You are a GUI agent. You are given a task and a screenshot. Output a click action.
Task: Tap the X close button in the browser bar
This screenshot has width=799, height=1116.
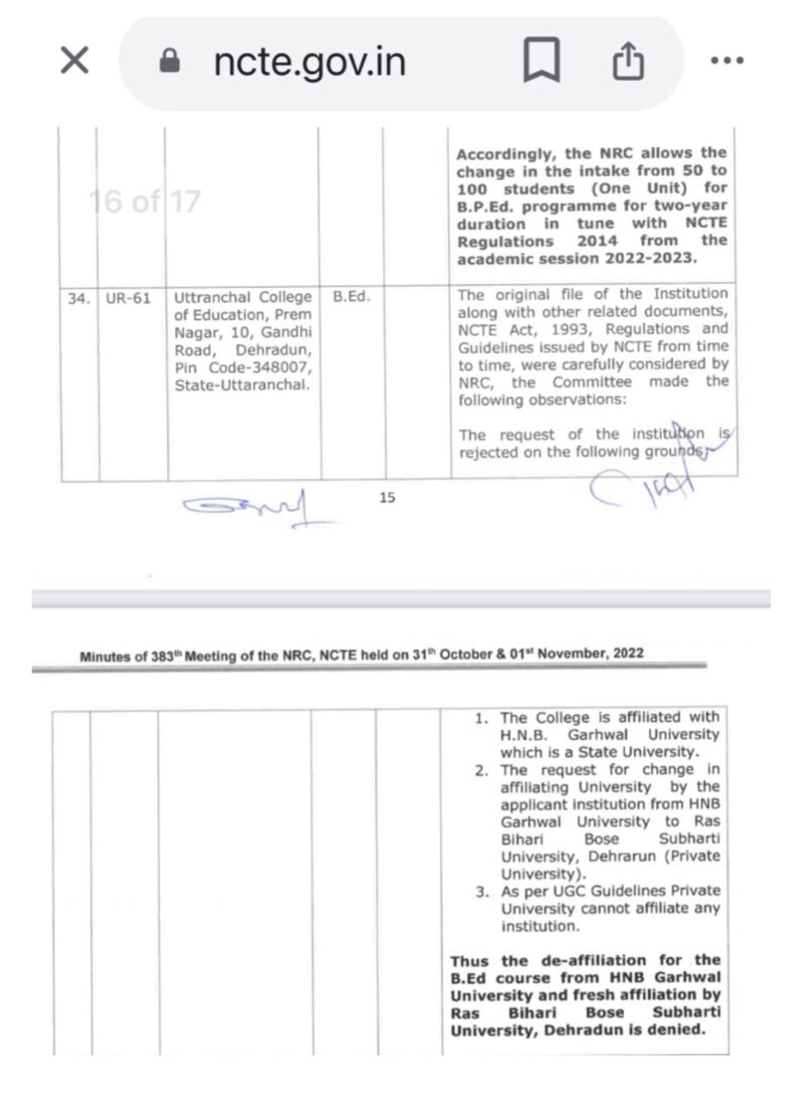(74, 61)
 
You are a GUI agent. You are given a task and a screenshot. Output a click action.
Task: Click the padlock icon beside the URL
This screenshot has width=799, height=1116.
(170, 61)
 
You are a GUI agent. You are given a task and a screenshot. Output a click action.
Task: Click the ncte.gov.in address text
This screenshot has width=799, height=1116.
(309, 62)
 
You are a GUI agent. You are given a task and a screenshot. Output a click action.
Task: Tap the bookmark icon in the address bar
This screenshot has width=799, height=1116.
(541, 62)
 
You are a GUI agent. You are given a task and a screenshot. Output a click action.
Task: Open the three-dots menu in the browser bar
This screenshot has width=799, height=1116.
(727, 61)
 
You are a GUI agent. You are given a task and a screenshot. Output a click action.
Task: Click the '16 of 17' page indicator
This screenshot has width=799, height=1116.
(145, 202)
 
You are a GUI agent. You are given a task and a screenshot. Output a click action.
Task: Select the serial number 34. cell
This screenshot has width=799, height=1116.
(78, 298)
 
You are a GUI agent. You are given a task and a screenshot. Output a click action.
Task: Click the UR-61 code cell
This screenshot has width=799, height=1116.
(128, 298)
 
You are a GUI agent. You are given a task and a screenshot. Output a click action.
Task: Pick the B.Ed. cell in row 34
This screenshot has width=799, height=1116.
(352, 297)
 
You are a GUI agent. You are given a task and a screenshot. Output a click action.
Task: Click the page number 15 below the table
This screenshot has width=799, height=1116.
(387, 497)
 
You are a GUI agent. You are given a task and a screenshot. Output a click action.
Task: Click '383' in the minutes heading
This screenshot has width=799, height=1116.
(163, 657)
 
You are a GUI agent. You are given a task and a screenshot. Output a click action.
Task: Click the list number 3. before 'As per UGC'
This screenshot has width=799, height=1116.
(482, 892)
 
